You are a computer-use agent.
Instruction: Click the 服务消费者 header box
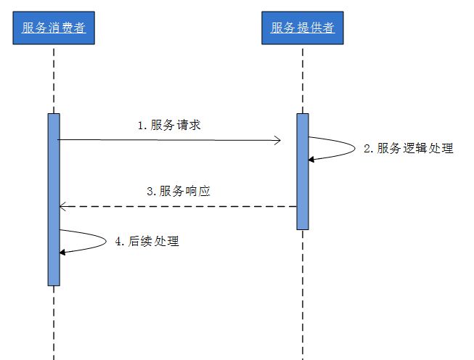coord(54,28)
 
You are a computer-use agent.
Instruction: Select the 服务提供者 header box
coord(302,28)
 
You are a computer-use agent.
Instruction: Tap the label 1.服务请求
coord(169,125)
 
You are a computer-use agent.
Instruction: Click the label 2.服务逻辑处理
coord(408,148)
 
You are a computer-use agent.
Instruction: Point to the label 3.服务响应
coord(179,192)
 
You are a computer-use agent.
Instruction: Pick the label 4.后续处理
coord(147,242)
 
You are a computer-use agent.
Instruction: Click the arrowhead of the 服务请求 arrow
coord(278,139)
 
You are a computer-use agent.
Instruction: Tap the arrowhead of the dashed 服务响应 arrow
coord(62,207)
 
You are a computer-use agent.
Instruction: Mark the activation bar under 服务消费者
coord(54,199)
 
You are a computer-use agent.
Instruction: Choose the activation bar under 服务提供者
coord(302,171)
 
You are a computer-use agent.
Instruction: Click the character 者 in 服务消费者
coord(80,28)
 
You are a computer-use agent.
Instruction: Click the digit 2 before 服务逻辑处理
coord(367,149)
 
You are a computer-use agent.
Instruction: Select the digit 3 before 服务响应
coord(150,192)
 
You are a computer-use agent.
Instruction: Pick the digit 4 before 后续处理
coord(119,242)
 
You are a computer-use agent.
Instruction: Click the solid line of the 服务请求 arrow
coord(167,139)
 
